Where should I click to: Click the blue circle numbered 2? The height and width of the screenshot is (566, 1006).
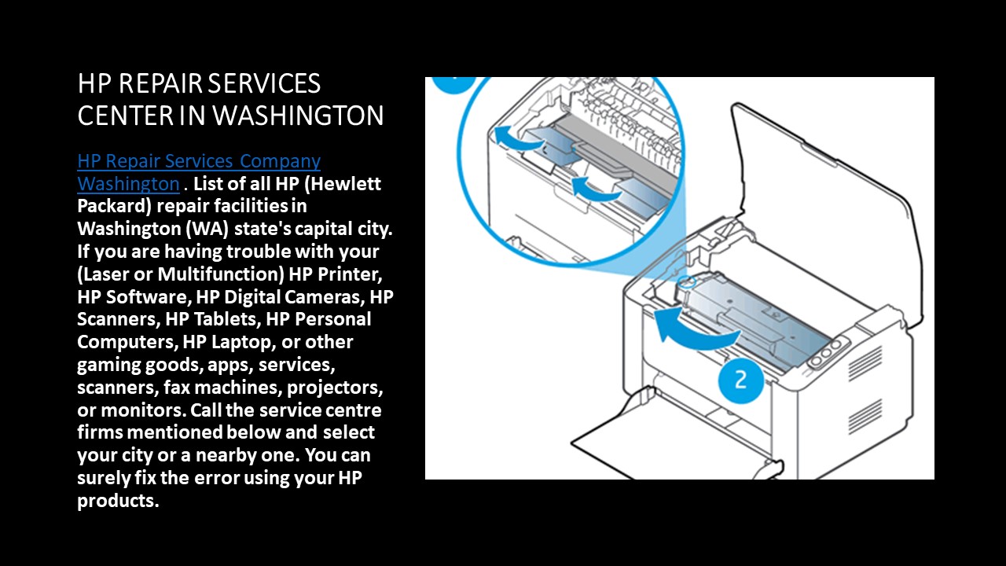point(740,380)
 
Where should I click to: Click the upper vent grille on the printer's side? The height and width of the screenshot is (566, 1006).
point(864,363)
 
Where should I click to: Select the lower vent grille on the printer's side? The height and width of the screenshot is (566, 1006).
point(865,415)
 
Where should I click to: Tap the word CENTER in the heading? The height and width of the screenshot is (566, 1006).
point(126,116)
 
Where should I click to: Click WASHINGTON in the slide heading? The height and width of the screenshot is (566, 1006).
point(299,116)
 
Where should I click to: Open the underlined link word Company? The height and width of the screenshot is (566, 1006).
point(280,161)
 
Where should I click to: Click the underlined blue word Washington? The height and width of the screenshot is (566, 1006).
point(128,184)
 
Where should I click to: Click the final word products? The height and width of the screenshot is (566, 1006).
point(118,501)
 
